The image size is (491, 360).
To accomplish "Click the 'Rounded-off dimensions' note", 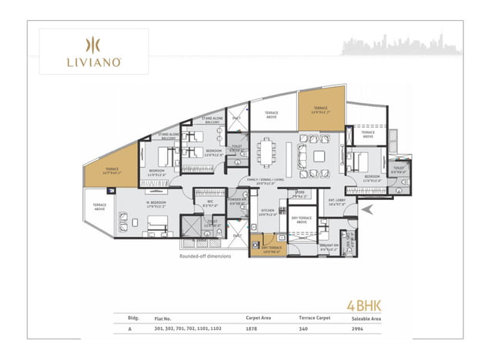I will (205, 256).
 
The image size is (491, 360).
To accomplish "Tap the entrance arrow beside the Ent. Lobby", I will (367, 208).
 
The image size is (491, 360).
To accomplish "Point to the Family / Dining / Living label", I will (267, 182).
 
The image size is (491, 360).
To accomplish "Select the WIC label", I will (208, 203).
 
